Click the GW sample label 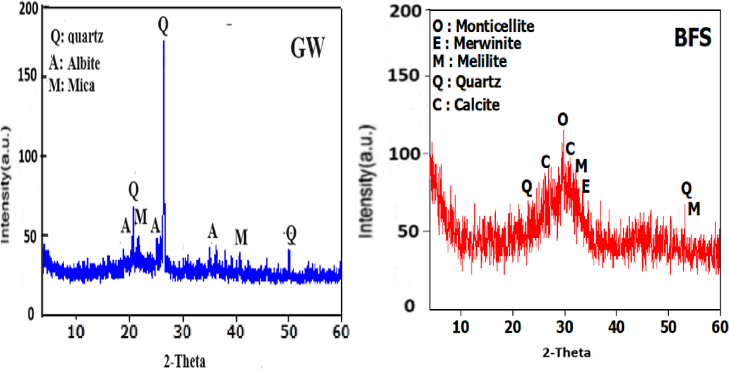click(x=307, y=48)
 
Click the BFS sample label click(x=692, y=38)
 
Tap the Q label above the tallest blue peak click(x=163, y=25)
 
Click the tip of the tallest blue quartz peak click(x=164, y=40)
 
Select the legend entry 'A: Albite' click(x=74, y=63)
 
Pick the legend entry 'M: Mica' click(x=72, y=86)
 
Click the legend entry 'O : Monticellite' click(x=483, y=26)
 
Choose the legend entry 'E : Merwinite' click(x=477, y=43)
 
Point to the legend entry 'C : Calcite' click(x=466, y=105)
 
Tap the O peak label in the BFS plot click(x=563, y=120)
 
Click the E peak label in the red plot click(x=586, y=187)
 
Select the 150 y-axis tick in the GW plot click(x=28, y=75)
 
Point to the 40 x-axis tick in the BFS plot click(x=616, y=327)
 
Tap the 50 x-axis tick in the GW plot click(x=288, y=332)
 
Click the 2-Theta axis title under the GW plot click(x=184, y=361)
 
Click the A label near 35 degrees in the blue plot click(x=212, y=232)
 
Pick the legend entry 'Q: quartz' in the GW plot click(x=77, y=37)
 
